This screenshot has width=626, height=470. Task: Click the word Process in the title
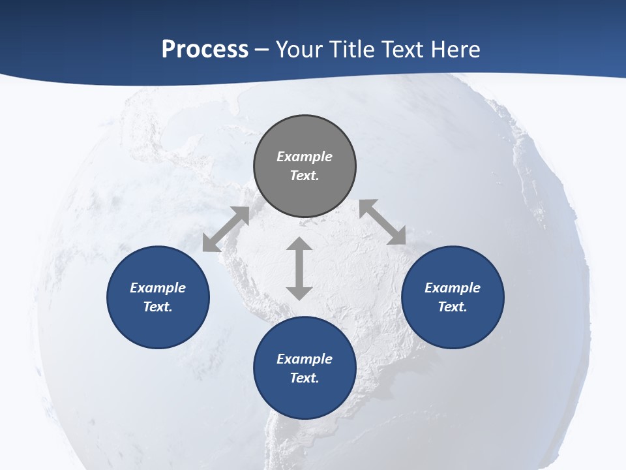205,50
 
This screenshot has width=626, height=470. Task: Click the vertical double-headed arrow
299,268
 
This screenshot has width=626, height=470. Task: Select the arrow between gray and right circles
383,222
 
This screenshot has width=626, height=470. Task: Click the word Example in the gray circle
305,157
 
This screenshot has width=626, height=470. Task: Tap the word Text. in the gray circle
305,176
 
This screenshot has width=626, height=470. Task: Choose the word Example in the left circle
158,288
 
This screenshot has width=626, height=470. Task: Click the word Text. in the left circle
158,307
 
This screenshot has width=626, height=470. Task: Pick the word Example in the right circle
453,288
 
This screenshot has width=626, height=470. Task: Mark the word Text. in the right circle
453,307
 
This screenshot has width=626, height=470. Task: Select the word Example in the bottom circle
305,359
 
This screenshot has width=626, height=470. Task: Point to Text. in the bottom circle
305,378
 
